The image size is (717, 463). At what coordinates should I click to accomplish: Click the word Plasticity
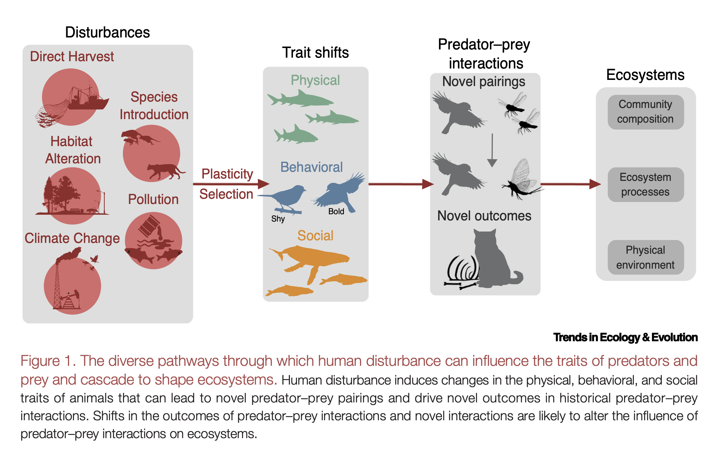pos(227,174)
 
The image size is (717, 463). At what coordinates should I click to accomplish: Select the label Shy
pos(277,219)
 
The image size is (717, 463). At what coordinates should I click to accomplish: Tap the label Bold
pos(336,211)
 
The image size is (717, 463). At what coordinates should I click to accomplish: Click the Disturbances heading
pos(107,32)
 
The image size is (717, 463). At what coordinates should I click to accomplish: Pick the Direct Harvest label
pos(72,56)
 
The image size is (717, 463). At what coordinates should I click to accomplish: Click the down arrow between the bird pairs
pos(492,150)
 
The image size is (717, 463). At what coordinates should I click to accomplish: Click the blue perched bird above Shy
pos(287,197)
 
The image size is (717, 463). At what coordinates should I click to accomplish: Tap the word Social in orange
pos(315,235)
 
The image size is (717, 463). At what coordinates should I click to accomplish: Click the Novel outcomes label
pos(484,216)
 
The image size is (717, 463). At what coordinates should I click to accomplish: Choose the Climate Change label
pos(72,238)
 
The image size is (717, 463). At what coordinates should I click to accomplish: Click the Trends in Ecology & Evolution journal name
pos(625,337)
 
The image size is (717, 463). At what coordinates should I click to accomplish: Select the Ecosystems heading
pos(645,75)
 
